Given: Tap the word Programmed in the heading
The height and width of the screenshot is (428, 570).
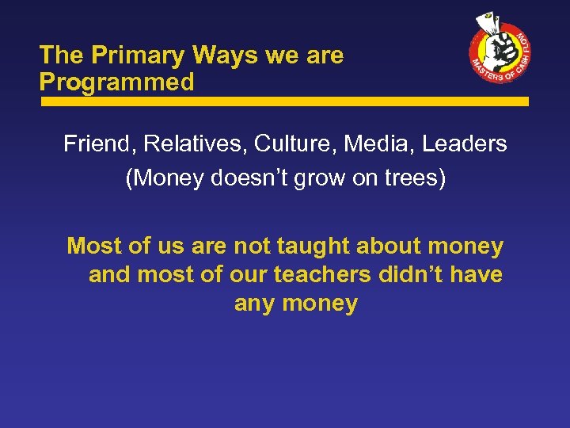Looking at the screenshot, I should pyautogui.click(x=117, y=82).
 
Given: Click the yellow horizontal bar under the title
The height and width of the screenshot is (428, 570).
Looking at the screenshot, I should pyautogui.click(x=285, y=102).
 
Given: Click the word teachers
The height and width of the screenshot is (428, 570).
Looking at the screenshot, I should pyautogui.click(x=321, y=275).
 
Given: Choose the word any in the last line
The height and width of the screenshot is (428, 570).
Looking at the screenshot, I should pyautogui.click(x=253, y=304).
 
